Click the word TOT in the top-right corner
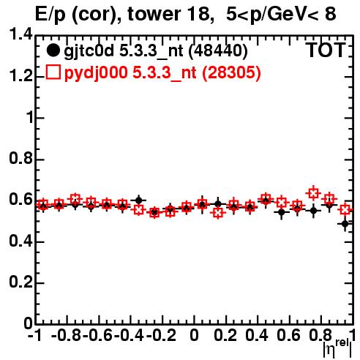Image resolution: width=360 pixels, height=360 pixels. pyautogui.click(x=326, y=50)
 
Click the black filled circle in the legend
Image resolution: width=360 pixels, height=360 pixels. pyautogui.click(x=53, y=50)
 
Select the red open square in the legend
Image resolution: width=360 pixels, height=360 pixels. pyautogui.click(x=53, y=72)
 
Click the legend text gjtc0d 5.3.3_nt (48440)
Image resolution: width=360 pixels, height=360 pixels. pyautogui.click(x=156, y=51)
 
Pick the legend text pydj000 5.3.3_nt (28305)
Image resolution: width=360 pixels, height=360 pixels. pyautogui.click(x=162, y=72)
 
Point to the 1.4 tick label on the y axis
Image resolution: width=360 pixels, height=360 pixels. pyautogui.click(x=20, y=34)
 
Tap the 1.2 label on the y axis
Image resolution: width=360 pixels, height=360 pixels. pyautogui.click(x=20, y=75)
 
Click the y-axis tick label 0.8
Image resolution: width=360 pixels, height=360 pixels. pyautogui.click(x=20, y=158)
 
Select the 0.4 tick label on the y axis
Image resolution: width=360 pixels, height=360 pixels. pyautogui.click(x=20, y=241)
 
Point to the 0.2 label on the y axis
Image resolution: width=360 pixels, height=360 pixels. pyautogui.click(x=20, y=282)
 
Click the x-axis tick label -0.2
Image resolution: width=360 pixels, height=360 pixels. pyautogui.click(x=161, y=335)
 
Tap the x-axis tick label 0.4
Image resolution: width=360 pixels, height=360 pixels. pyautogui.click(x=257, y=335)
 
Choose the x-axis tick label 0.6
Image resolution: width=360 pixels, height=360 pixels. pyautogui.click(x=288, y=335)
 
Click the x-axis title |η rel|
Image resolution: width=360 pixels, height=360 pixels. pyautogui.click(x=337, y=348)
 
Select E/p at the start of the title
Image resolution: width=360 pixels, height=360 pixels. pyautogui.click(x=50, y=15)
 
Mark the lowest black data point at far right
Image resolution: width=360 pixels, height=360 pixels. pyautogui.click(x=345, y=223)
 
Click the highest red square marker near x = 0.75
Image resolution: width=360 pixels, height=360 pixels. pyautogui.click(x=313, y=193)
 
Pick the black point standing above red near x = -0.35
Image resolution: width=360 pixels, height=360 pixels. pyautogui.click(x=138, y=200)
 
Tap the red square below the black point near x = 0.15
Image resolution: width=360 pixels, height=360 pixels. pyautogui.click(x=218, y=213)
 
